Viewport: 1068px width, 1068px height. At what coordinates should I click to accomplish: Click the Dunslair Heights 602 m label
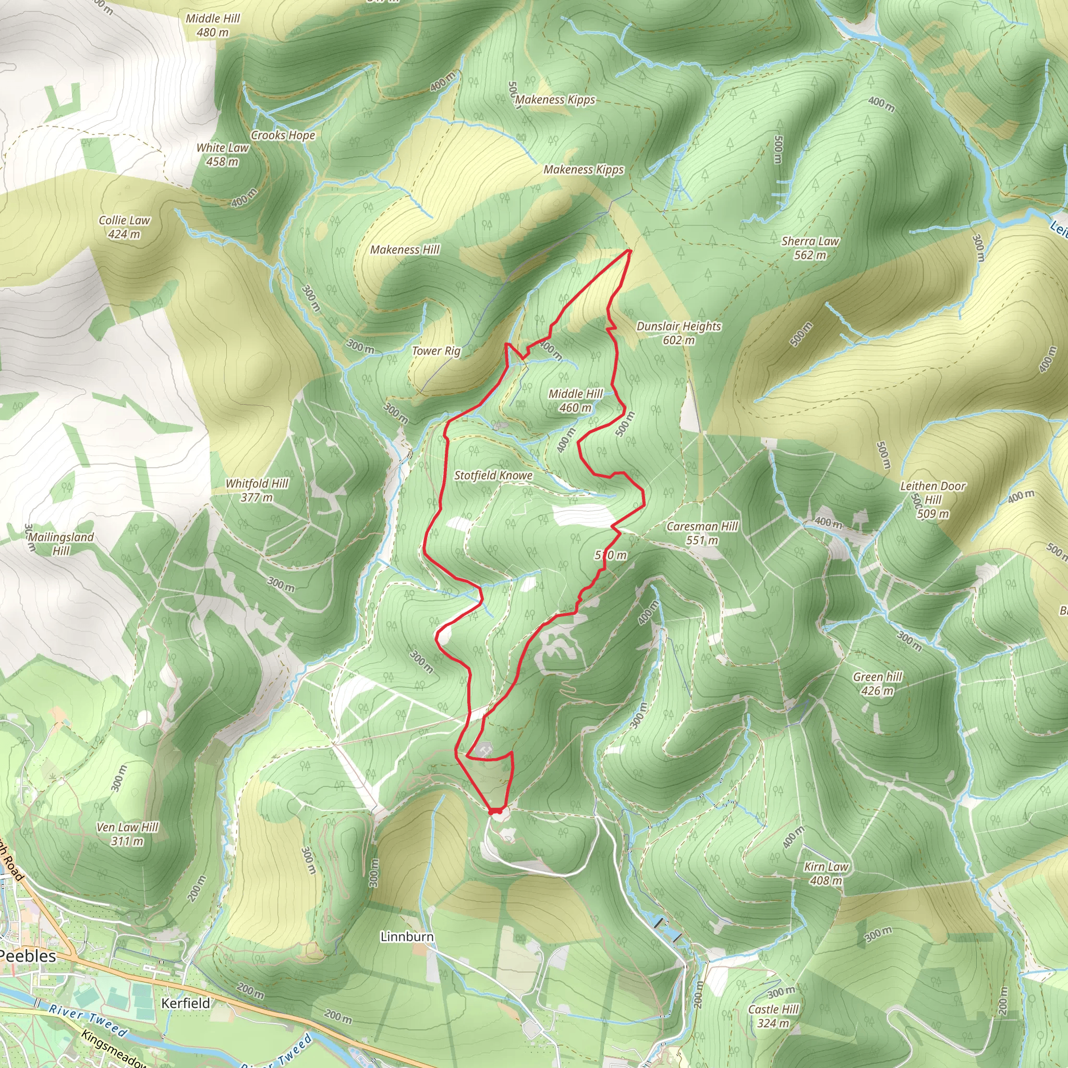point(678,333)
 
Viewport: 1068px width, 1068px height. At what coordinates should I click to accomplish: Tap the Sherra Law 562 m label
point(810,248)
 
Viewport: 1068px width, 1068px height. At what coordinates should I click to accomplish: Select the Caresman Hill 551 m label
point(702,533)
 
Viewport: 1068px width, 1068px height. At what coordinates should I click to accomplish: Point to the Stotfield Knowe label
point(493,476)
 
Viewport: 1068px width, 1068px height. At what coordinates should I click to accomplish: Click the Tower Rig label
point(435,350)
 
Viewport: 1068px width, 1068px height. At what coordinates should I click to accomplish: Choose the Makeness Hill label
point(405,250)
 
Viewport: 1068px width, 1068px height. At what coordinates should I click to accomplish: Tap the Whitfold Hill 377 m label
point(257,490)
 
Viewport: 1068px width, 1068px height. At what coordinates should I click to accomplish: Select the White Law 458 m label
point(222,154)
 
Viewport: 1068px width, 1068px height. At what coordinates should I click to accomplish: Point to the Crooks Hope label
point(283,135)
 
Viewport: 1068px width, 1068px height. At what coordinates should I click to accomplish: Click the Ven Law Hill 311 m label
point(127,834)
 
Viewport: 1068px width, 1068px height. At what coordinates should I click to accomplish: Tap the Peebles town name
point(28,956)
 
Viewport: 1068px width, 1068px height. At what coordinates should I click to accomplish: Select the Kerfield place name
point(185,1003)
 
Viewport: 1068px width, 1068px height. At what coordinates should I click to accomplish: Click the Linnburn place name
point(407,937)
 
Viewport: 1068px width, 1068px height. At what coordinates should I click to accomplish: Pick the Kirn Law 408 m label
point(826,873)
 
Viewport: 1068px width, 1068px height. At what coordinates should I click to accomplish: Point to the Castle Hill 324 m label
point(773,1015)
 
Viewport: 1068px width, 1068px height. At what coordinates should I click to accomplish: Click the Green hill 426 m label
point(877,683)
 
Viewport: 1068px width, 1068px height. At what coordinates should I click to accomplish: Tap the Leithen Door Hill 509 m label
point(932,499)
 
